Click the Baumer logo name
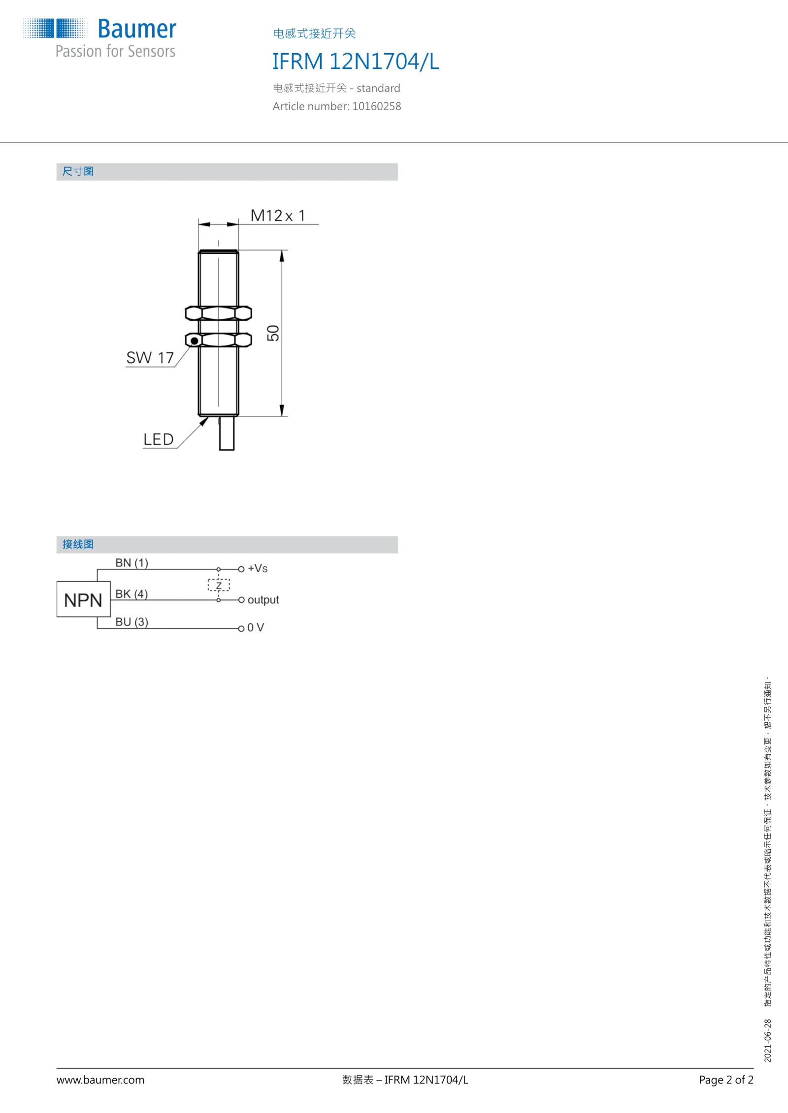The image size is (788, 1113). coord(137,29)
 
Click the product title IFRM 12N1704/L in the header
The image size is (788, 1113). coord(356,62)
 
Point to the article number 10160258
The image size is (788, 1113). coord(376,106)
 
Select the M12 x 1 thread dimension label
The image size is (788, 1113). coord(278,216)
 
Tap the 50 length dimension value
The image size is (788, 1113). coord(273,333)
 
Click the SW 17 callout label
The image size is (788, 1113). coord(150,358)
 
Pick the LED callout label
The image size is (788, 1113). coord(159,439)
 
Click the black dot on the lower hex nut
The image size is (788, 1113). coord(195,340)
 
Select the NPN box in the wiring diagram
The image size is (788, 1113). coord(83,599)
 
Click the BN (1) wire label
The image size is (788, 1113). coord(131,563)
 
